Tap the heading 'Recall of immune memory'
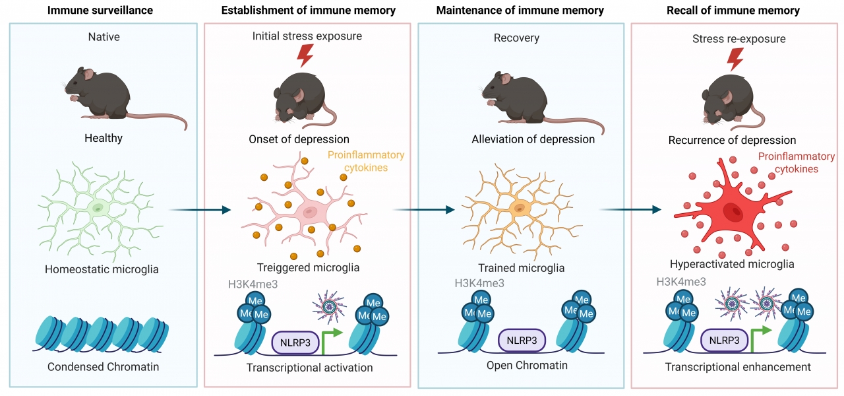[737, 11]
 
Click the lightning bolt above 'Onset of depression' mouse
[305, 57]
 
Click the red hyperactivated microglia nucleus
[733, 213]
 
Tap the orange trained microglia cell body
[519, 209]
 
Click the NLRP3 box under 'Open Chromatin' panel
[522, 341]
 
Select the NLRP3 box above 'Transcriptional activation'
[295, 343]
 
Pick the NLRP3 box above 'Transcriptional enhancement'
[725, 341]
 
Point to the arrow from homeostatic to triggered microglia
[200, 210]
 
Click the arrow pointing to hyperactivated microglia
[630, 210]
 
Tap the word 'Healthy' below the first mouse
[104, 139]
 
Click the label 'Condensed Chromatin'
[104, 367]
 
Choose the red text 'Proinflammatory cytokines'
[796, 163]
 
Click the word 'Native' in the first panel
[104, 37]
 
